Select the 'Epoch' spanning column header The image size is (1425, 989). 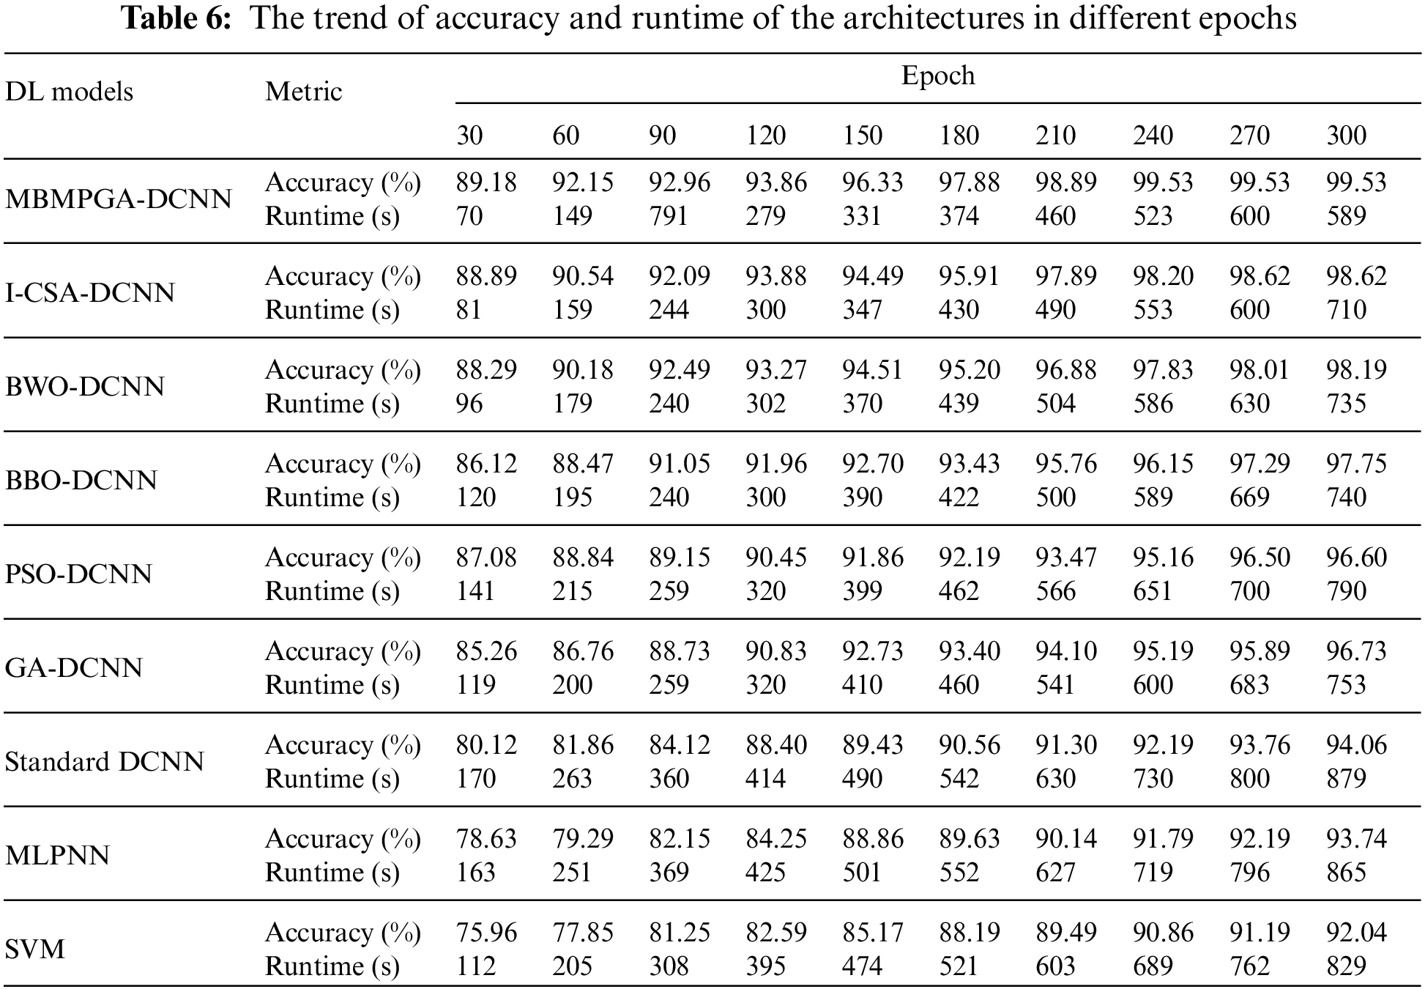coord(938,75)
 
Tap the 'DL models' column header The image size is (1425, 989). coord(70,92)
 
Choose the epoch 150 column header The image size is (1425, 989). coord(862,136)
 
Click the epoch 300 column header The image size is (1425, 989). coord(1346,136)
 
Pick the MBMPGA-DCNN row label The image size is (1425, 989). coord(119,199)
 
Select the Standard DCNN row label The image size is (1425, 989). coord(105,762)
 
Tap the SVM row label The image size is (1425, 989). coord(35,949)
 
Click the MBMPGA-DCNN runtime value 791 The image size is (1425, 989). coord(669,216)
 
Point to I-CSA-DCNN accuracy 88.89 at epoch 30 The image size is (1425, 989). coord(486,276)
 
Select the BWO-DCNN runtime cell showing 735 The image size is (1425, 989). coord(1346,404)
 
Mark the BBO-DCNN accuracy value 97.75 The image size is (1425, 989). coord(1356,464)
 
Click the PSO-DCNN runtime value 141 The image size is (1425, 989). coord(476,591)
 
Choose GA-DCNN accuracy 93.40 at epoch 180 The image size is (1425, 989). coord(970,651)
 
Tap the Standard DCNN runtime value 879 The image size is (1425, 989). coord(1346,779)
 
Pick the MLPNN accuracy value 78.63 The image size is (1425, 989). coord(486,839)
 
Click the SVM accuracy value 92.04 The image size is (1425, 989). coord(1356,933)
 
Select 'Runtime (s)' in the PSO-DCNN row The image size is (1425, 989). coord(332,591)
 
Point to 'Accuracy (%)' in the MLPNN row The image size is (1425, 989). coord(343,839)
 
